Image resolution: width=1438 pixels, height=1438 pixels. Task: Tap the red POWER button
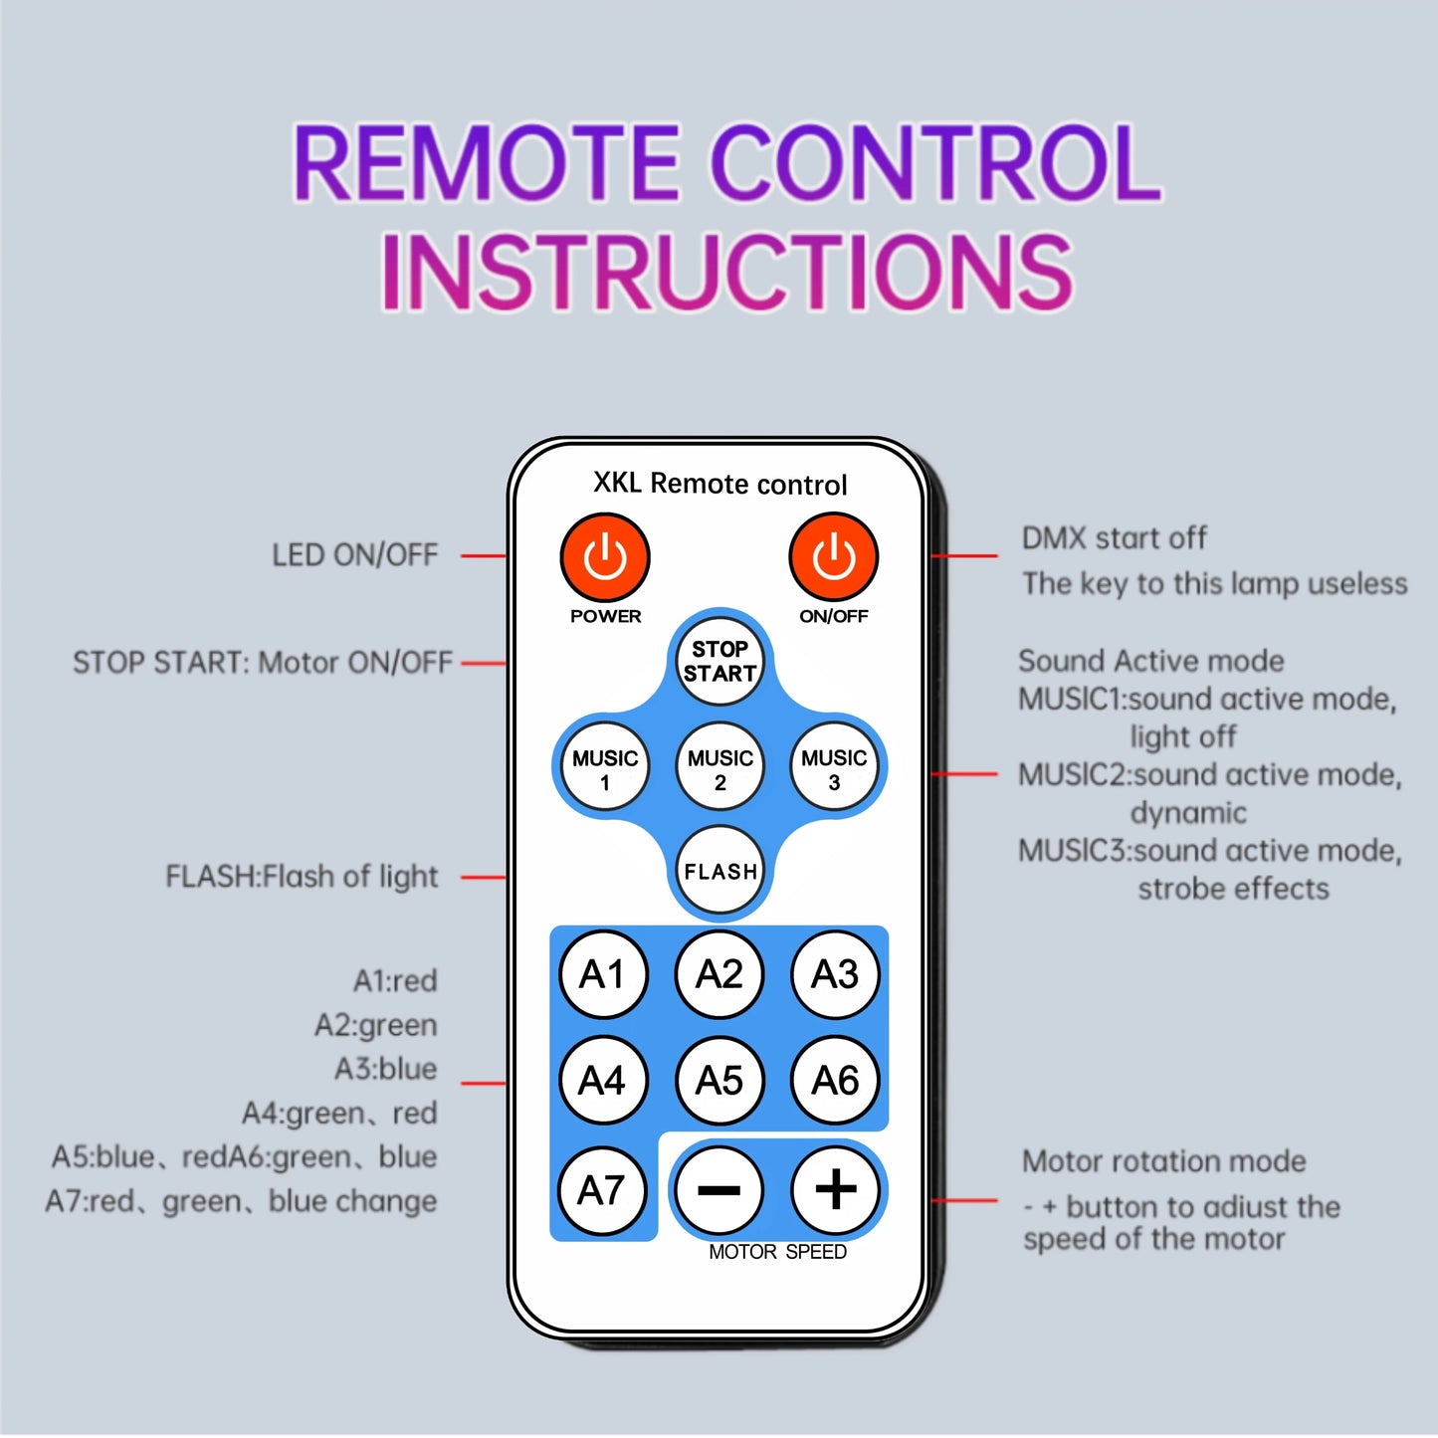coord(604,557)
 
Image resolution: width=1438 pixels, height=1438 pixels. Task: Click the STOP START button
coord(719,661)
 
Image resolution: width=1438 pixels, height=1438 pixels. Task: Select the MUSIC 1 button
coord(604,765)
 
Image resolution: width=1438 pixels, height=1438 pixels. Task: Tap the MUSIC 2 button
coord(719,765)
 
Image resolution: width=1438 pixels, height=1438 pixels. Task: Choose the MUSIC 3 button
coord(834,765)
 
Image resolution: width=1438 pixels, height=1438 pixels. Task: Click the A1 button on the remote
coord(603,974)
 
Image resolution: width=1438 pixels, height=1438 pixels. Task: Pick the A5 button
coord(719,1080)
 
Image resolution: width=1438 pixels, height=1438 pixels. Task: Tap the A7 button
coord(601,1190)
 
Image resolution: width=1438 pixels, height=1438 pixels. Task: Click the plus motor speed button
coord(835,1189)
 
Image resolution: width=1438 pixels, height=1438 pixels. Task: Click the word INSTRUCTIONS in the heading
coord(726,270)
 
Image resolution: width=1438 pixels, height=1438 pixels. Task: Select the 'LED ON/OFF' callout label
coord(355,555)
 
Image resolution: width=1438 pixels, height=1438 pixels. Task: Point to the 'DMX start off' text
coord(1115,538)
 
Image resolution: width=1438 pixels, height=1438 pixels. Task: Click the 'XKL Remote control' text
coord(720,484)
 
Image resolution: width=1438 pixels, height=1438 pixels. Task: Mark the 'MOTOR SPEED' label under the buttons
coord(777,1252)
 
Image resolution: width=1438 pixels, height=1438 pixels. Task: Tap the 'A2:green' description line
coord(376,1025)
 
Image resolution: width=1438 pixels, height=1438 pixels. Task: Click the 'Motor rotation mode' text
coord(1164,1161)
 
